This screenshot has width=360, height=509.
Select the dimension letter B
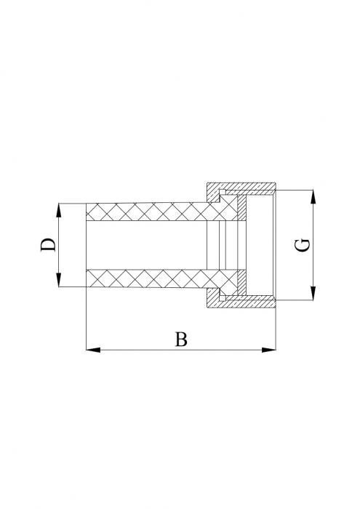(x=182, y=339)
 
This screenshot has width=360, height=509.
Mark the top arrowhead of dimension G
(x=313, y=196)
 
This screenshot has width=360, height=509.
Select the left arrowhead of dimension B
(x=92, y=350)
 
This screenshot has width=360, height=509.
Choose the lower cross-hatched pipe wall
(x=145, y=278)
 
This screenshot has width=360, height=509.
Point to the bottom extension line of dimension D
(x=71, y=286)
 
